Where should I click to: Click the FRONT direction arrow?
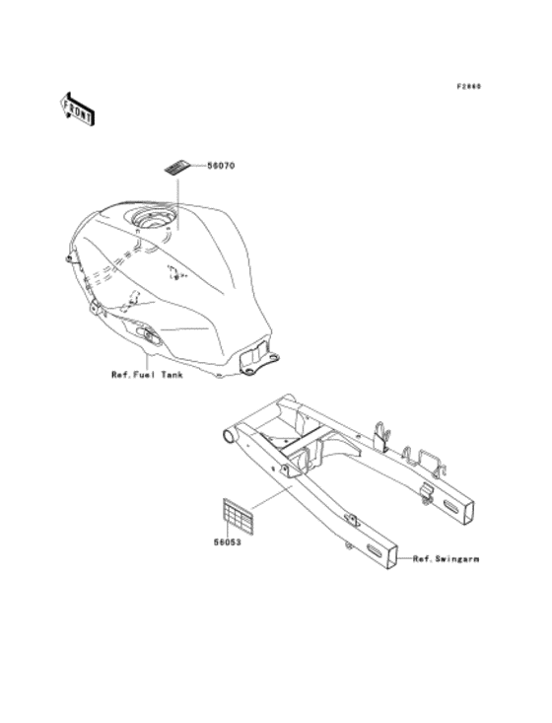point(77,107)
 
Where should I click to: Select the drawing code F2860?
point(468,86)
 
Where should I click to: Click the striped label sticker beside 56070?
point(178,168)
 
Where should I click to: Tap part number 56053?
point(227,541)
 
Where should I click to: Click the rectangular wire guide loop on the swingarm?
point(430,459)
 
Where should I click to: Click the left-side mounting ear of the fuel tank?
point(69,258)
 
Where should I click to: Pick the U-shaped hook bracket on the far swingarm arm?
point(384,434)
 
